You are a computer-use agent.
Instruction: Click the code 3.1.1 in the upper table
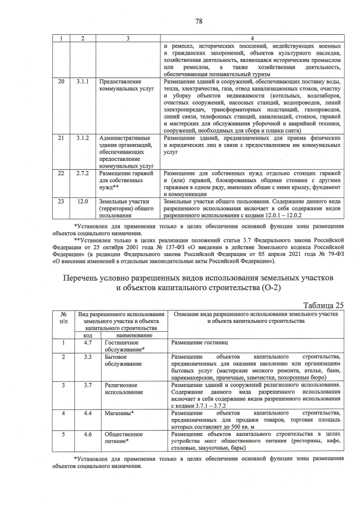[x=83, y=82]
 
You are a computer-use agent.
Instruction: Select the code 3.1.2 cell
[x=83, y=138]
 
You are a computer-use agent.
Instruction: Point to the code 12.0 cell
[x=83, y=201]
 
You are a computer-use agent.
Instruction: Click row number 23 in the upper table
[x=61, y=201]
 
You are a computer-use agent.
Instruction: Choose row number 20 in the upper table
[x=61, y=82]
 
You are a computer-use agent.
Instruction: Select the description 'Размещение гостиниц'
[x=196, y=342]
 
